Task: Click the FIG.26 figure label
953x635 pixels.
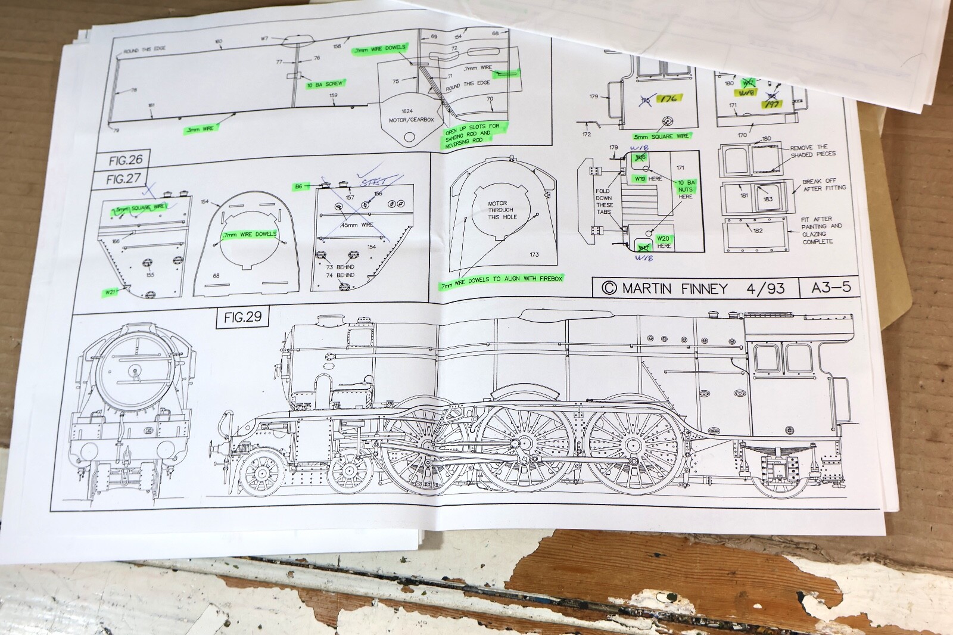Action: pos(126,160)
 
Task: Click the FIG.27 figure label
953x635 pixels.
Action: pos(123,179)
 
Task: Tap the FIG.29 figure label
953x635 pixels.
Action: pos(242,317)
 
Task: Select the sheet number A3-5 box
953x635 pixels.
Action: pos(831,288)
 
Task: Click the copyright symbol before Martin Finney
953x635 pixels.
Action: pos(609,289)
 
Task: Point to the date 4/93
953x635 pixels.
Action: pos(765,289)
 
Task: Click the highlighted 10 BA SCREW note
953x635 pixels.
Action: pos(325,85)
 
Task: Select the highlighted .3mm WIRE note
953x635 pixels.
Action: pos(200,128)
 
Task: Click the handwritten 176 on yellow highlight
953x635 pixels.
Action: pos(668,99)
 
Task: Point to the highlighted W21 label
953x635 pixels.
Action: pos(111,292)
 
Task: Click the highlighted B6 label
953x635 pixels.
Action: pos(299,186)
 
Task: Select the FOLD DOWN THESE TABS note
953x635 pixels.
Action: pos(604,201)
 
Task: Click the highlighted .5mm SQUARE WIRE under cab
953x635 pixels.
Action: pos(661,136)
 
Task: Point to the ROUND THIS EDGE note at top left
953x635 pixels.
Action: pos(144,49)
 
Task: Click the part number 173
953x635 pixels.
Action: pos(534,254)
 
